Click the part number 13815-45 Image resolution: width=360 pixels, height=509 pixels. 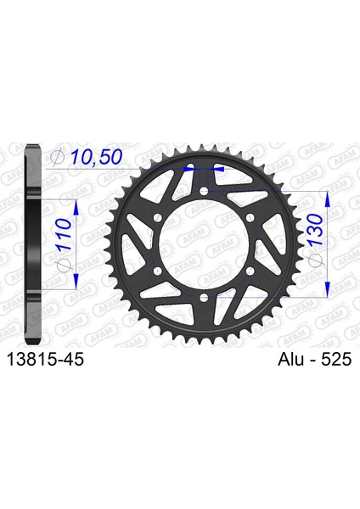45,360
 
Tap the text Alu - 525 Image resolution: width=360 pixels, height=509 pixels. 314,360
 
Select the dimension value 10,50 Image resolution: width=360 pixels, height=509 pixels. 96,157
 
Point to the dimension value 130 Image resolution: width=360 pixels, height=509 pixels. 314,230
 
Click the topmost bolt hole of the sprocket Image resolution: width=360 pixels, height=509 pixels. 204,191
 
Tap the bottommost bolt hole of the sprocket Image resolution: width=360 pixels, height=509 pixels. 204,296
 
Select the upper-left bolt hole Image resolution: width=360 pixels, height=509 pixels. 158,217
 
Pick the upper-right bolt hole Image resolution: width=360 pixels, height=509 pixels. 250,217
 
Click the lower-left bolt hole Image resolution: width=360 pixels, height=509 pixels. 158,270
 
